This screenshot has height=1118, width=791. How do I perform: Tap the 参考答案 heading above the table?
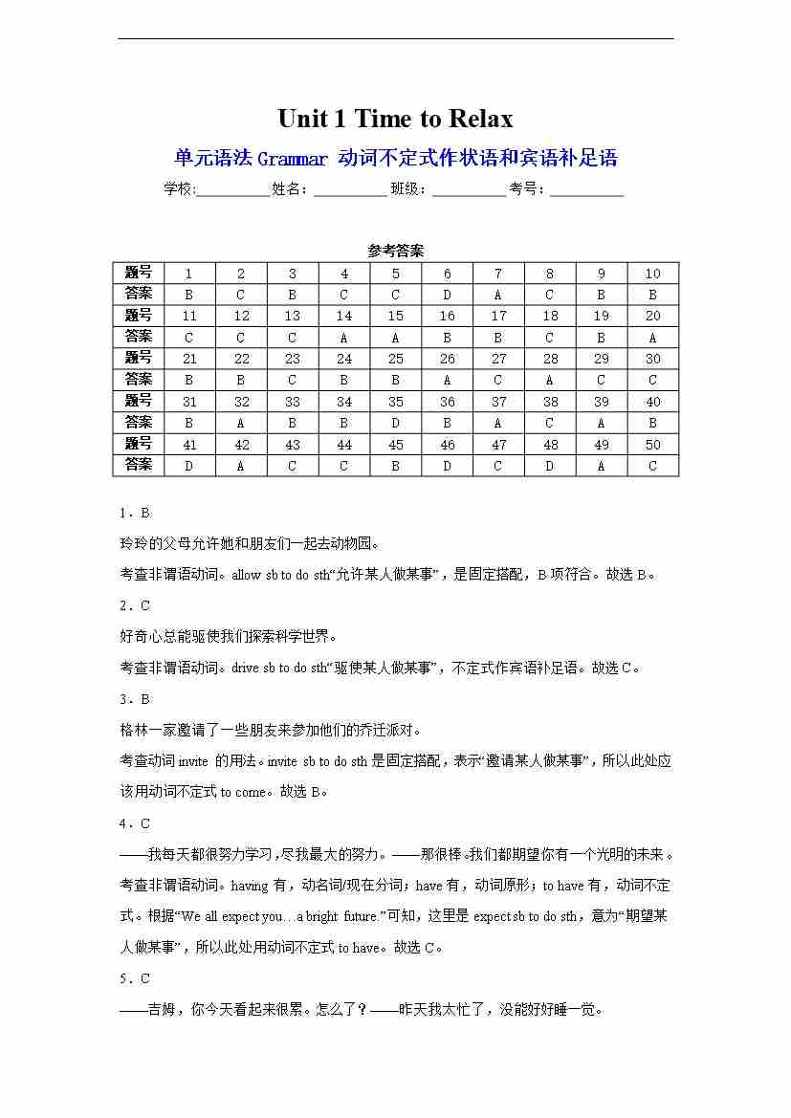click(x=395, y=251)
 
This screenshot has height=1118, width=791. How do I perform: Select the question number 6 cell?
click(x=447, y=274)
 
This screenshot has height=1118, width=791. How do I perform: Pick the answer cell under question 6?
click(x=447, y=295)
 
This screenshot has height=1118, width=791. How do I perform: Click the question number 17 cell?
click(x=498, y=316)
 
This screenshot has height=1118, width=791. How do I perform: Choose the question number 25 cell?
click(x=396, y=359)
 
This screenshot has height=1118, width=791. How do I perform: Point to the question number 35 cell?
click(x=396, y=402)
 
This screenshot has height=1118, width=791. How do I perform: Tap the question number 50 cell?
click(x=653, y=445)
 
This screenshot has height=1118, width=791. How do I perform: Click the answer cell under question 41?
click(x=188, y=466)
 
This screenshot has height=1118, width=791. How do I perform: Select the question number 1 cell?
click(x=188, y=274)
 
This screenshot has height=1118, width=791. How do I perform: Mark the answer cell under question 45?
click(x=396, y=466)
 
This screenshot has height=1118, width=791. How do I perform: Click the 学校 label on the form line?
click(x=178, y=189)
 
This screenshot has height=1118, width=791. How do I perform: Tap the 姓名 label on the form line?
click(x=289, y=189)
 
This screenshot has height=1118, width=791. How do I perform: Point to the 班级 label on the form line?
click(x=408, y=189)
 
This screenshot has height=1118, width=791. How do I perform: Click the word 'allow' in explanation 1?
click(x=246, y=575)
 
